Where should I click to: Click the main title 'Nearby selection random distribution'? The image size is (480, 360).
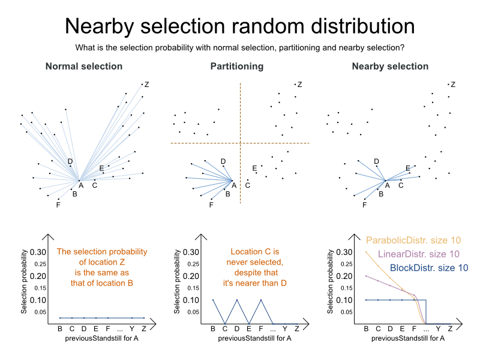239,26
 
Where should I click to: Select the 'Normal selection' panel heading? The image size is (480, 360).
84,67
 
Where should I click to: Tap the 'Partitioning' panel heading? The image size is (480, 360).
236,67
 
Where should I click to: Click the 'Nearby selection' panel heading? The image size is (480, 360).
390,67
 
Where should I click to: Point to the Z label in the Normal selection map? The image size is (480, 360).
147,85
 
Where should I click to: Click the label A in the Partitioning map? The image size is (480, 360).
234,185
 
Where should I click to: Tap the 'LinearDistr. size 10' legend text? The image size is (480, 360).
419,254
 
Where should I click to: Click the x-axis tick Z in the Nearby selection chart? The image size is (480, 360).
450,329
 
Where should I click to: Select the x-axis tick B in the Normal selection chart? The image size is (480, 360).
60,329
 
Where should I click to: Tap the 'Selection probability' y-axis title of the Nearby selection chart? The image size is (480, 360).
331,282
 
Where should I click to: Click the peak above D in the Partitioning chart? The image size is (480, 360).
236,300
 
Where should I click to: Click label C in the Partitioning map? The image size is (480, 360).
247,185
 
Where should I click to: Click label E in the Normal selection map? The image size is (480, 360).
101,168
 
